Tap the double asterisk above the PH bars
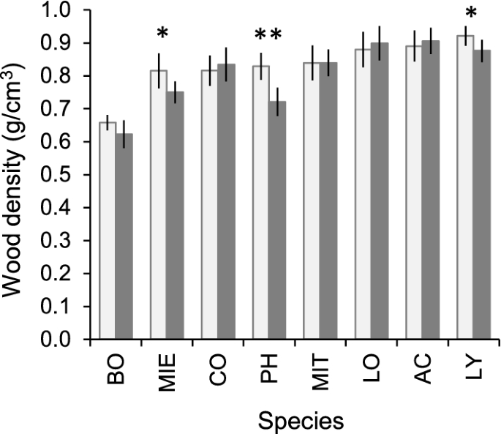pyautogui.click(x=268, y=34)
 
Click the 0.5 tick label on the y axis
pyautogui.click(x=70, y=176)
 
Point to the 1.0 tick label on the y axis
pyautogui.click(x=70, y=11)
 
